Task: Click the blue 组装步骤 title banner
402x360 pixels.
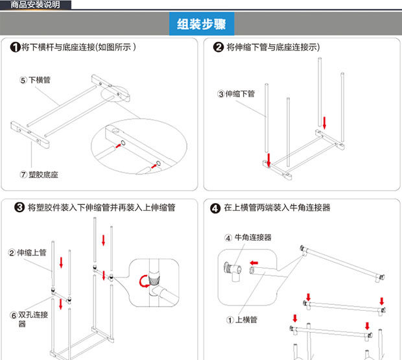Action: click(201, 25)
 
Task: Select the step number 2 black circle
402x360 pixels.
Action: click(218, 47)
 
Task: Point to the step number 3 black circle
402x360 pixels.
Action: click(20, 208)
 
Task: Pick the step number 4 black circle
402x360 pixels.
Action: click(215, 208)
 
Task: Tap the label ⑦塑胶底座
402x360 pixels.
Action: click(39, 175)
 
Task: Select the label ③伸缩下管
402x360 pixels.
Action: click(236, 93)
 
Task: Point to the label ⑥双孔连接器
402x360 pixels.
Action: click(26, 318)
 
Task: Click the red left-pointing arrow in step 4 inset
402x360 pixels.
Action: click(255, 263)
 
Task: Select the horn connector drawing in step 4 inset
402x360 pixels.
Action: click(233, 268)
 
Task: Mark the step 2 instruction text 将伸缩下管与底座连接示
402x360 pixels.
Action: click(273, 47)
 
